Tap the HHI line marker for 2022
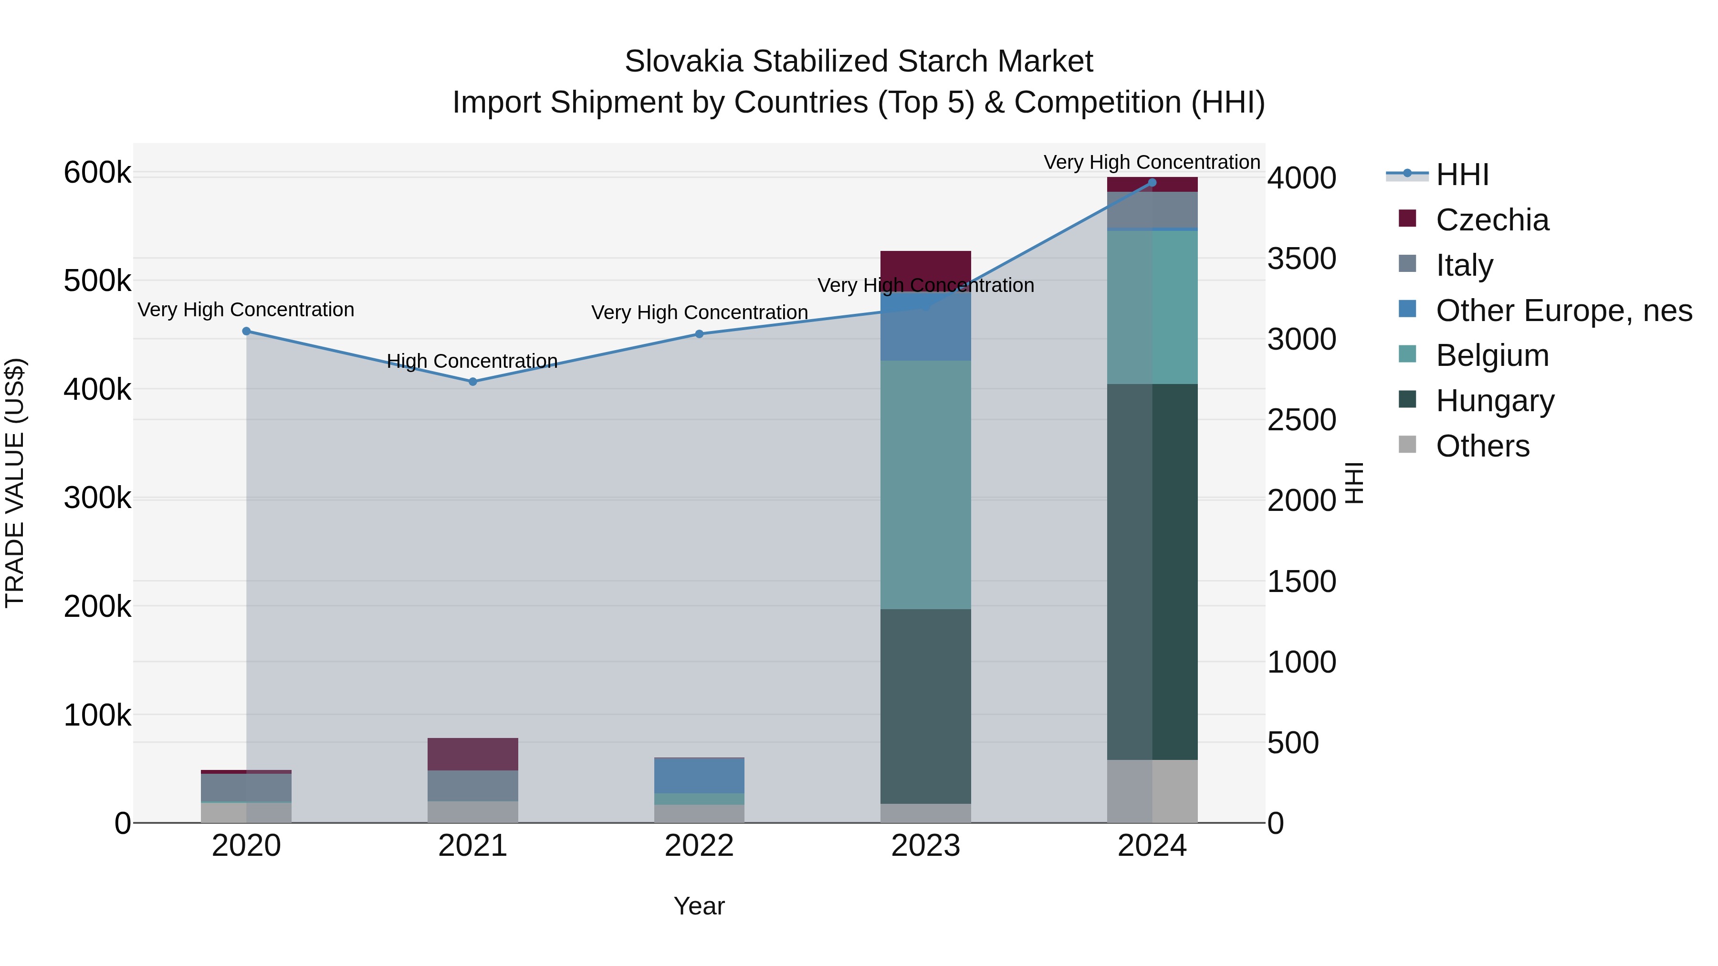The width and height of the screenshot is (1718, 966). pyautogui.click(x=700, y=334)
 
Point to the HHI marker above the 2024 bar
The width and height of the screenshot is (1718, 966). pyautogui.click(x=1152, y=183)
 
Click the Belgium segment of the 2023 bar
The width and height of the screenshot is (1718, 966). pyautogui.click(x=926, y=485)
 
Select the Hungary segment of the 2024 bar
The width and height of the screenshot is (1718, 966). pyautogui.click(x=1152, y=571)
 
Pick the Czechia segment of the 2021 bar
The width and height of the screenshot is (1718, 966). pyautogui.click(x=473, y=754)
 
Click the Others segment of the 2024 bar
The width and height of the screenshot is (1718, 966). pyautogui.click(x=1152, y=791)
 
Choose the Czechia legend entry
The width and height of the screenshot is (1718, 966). pyautogui.click(x=1491, y=220)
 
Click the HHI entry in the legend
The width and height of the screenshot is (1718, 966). pyautogui.click(x=1461, y=175)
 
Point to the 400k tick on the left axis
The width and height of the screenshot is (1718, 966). pyautogui.click(x=97, y=389)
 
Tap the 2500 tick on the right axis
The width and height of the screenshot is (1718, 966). pyautogui.click(x=1301, y=420)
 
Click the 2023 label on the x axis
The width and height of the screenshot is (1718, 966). pyautogui.click(x=926, y=846)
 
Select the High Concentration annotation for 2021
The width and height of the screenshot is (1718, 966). pyautogui.click(x=472, y=361)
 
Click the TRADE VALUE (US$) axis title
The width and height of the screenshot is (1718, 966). pyautogui.click(x=15, y=483)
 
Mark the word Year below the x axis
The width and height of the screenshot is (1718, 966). pyautogui.click(x=699, y=906)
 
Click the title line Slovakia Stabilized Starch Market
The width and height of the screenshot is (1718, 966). pyautogui.click(x=859, y=62)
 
